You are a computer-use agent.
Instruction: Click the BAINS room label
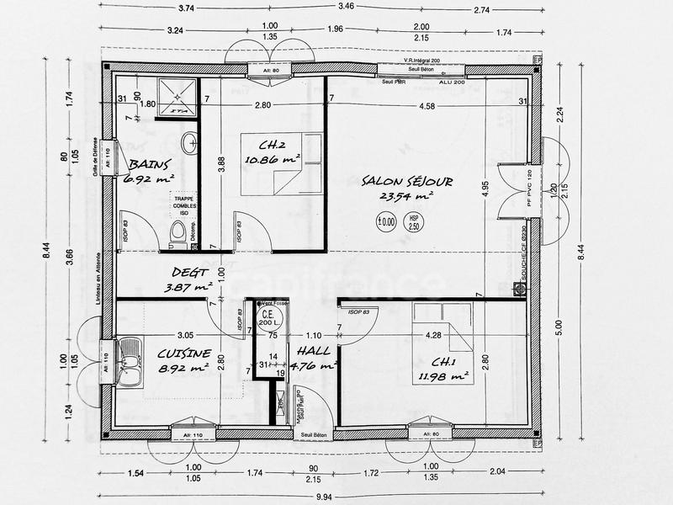tap(150, 165)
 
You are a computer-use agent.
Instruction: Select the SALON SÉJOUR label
tap(407, 182)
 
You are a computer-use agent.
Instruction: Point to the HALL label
tap(311, 352)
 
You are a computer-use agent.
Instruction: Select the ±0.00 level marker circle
tap(386, 222)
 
